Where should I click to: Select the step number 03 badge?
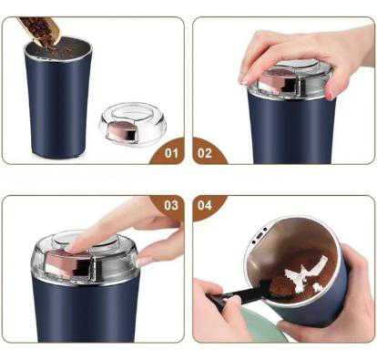(x=169, y=206)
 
